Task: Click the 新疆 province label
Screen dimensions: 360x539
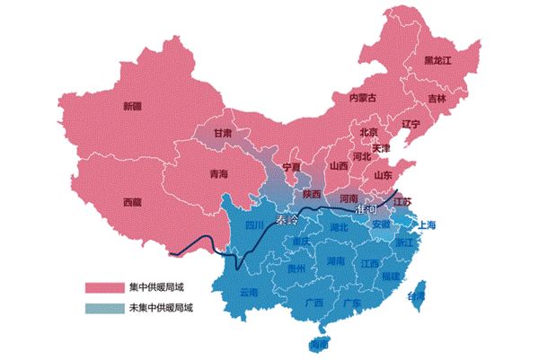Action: pos(132,106)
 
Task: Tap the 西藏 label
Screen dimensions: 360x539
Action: pos(132,201)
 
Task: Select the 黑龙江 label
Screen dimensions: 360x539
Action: pos(440,60)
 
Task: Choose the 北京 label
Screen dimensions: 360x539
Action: pos(369,132)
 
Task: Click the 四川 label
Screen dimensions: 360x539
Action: pos(254,225)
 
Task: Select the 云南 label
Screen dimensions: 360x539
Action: pos(249,292)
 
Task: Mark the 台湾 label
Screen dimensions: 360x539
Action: pos(418,296)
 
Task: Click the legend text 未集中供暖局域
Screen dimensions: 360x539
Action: pos(162,306)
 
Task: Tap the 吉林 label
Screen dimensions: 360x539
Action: pos(436,99)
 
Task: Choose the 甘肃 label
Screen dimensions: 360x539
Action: pos(222,133)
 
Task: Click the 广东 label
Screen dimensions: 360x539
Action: pos(352,303)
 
